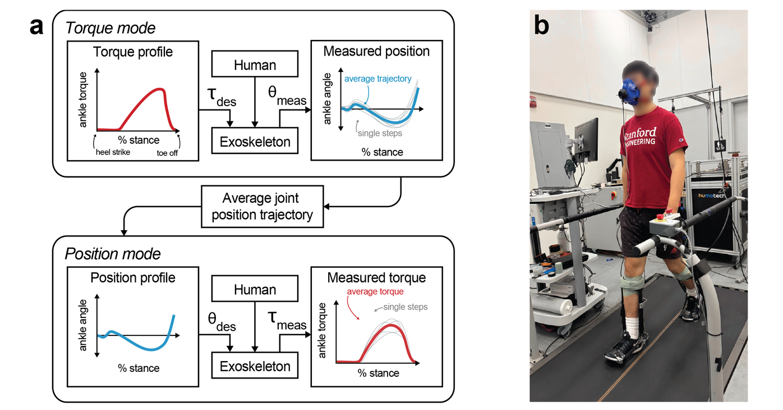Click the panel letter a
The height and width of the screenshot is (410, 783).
pyautogui.click(x=36, y=26)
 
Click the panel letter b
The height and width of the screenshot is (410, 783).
pyautogui.click(x=542, y=26)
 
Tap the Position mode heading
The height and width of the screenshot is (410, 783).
pyautogui.click(x=113, y=254)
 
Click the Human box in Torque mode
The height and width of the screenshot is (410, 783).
pyautogui.click(x=255, y=65)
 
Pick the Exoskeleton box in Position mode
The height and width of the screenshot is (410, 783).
pyautogui.click(x=255, y=366)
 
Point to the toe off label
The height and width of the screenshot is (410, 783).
pyautogui.click(x=167, y=152)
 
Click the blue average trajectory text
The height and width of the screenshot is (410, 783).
pyautogui.click(x=377, y=79)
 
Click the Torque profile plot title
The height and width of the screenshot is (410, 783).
pyautogui.click(x=133, y=52)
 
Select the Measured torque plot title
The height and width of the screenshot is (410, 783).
pyautogui.click(x=376, y=277)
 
